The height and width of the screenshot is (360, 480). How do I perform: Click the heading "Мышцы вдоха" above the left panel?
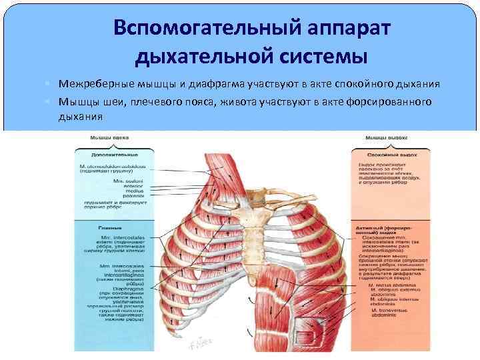[107, 137]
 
